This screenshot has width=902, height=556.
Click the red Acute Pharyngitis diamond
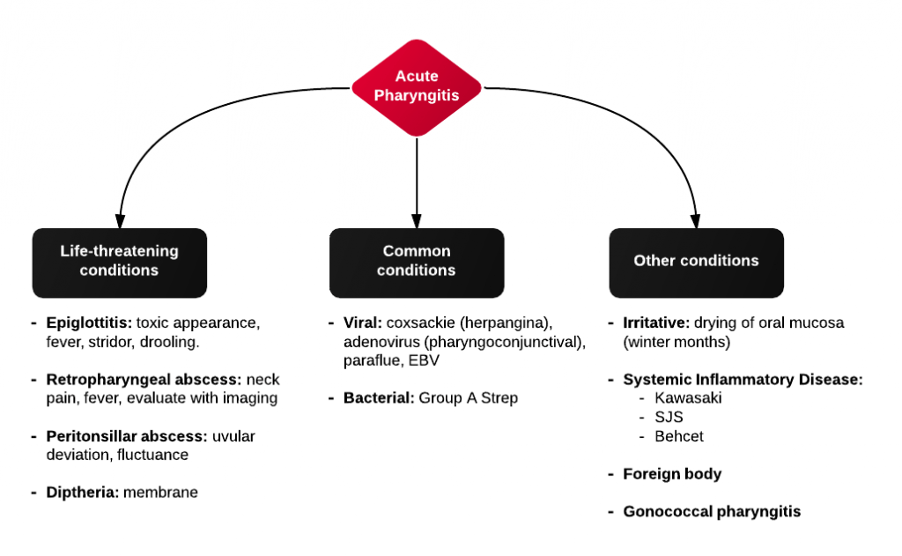point(417,86)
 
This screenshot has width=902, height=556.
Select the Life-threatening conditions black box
point(120,262)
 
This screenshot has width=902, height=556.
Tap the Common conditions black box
point(417,262)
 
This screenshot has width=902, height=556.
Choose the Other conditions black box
point(696,262)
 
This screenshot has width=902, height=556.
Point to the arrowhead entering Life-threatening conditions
point(120,220)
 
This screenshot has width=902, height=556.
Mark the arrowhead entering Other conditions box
point(696,220)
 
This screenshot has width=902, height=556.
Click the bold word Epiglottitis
point(89,322)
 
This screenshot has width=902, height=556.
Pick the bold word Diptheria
point(82,493)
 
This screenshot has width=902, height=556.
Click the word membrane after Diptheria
point(160,493)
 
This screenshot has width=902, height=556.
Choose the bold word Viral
point(362,322)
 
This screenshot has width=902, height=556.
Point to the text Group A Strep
point(469,398)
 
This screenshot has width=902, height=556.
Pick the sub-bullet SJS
point(669,418)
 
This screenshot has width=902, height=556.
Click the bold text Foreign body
point(672,474)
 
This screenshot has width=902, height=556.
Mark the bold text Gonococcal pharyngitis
point(712,511)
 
